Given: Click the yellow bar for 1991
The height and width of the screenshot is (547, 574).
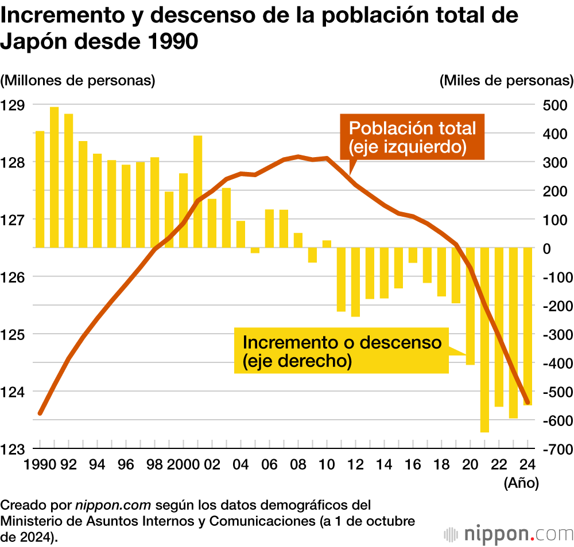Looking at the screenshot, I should coord(54,177).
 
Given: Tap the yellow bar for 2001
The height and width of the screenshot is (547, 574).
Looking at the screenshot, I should coord(197,192).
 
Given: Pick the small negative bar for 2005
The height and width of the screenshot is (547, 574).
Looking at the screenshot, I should coord(255,250).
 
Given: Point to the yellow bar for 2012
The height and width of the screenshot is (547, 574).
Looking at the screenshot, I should coord(355,282).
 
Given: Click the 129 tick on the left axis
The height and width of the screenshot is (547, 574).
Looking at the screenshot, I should coord(12,105).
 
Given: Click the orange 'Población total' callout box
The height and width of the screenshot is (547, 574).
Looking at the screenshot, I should coord(412,137).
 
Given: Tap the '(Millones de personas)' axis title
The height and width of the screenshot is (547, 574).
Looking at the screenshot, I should coord(78,80).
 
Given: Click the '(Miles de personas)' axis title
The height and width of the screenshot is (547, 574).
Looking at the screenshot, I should coord(506,80).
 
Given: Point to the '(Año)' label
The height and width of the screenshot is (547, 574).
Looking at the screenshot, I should coord(521,483).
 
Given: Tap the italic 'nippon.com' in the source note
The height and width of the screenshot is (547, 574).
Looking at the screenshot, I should coord(113,506).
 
